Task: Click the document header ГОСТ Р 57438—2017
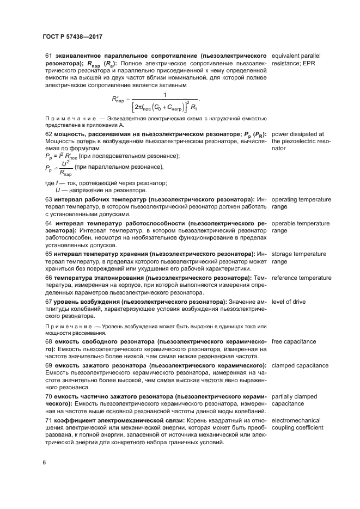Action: [72, 36]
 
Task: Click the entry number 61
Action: [48, 56]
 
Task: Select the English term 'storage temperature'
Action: [298, 254]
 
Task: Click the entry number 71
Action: [48, 420]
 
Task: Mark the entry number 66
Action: [48, 278]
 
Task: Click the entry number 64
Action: [48, 223]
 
